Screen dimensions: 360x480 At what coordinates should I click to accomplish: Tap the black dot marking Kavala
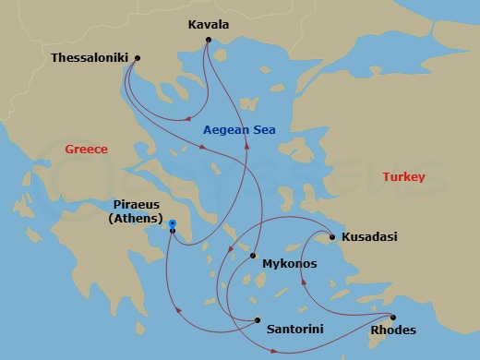point(210,40)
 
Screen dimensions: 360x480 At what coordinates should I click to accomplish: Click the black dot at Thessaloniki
point(137,58)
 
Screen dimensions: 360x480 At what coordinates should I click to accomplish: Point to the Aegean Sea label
point(238,130)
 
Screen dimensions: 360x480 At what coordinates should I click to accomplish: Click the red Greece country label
point(86,149)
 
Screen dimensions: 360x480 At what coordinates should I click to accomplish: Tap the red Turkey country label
point(402,176)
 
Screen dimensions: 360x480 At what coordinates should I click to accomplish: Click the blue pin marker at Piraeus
point(173,224)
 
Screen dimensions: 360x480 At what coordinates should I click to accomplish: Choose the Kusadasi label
point(369,237)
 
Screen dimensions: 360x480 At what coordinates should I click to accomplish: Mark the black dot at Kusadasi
point(331,237)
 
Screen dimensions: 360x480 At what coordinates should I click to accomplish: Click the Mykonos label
point(289,264)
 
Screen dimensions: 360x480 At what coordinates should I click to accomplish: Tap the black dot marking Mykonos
point(251,258)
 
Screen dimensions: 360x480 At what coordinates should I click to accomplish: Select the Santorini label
point(294,328)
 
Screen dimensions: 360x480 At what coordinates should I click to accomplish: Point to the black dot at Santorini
point(256,320)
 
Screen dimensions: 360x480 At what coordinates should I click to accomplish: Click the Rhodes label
point(392,330)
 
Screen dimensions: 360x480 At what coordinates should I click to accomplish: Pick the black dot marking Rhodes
point(391,317)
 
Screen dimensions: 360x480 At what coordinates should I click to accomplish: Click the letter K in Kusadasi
point(346,237)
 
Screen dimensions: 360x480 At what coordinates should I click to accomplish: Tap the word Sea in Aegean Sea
point(264,130)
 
